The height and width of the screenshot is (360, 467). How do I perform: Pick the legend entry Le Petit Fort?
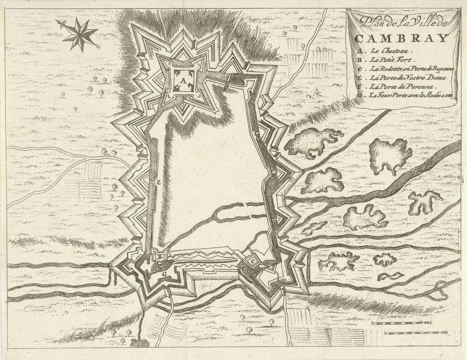pyautogui.click(x=390, y=60)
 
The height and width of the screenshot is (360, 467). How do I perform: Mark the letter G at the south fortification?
pyautogui.click(x=163, y=274)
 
